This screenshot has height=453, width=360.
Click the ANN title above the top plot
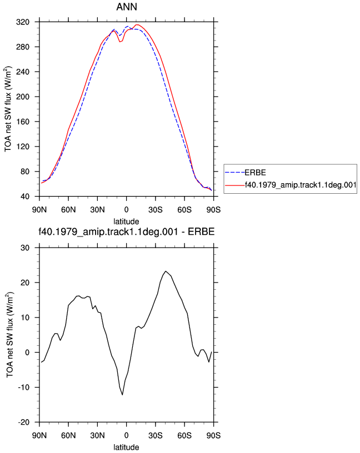(127, 7)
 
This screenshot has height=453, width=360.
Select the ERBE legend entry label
(255, 173)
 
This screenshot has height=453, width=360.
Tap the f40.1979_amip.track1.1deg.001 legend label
(301, 185)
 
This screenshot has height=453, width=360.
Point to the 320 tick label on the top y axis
(23, 22)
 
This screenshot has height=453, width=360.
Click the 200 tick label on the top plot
(23, 97)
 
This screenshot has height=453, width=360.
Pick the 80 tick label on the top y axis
(25, 172)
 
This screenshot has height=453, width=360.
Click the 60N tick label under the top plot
(68, 210)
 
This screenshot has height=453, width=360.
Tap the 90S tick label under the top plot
(213, 210)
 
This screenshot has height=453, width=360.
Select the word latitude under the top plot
(126, 222)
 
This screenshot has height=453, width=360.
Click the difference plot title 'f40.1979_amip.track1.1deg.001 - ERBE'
(127, 231)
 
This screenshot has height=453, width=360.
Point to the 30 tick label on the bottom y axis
(25, 248)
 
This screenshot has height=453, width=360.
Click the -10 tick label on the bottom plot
(24, 387)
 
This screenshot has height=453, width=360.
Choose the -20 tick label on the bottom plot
(24, 422)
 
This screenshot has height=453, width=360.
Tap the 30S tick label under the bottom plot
(155, 436)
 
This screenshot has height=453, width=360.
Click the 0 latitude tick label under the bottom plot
(126, 436)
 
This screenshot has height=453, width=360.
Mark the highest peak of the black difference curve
(166, 271)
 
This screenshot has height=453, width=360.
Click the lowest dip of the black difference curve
(123, 395)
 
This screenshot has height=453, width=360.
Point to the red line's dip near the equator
(119, 42)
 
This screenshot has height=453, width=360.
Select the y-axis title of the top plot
(8, 109)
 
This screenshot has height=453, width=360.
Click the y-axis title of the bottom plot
(9, 335)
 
